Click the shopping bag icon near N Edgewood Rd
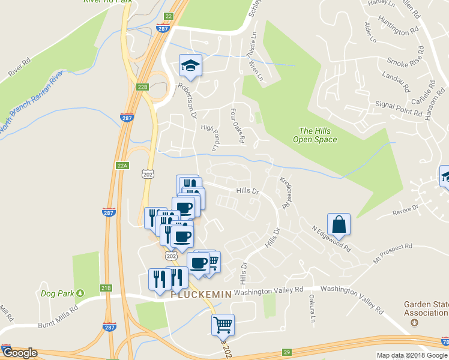[339, 224]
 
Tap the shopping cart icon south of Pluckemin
[223, 325]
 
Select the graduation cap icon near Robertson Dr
[190, 65]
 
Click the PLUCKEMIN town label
[201, 295]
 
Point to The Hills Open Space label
[315, 135]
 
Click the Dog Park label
[57, 293]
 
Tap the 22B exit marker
[142, 87]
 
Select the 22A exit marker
[122, 165]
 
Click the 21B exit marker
[106, 288]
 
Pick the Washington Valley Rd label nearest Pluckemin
[268, 291]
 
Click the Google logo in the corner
[19, 353]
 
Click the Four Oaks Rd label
[238, 125]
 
